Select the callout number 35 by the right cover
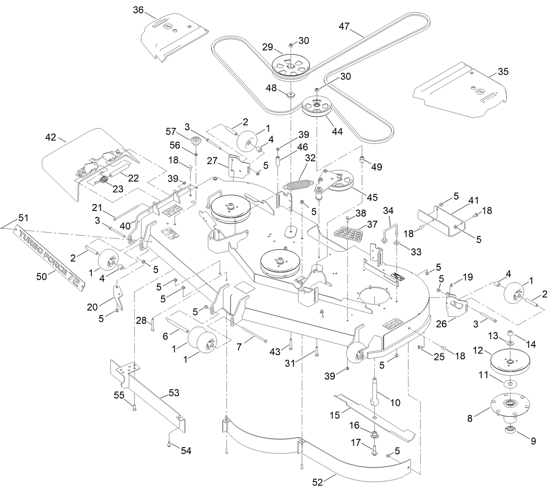503,71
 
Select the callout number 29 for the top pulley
267,46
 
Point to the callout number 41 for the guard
473,200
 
